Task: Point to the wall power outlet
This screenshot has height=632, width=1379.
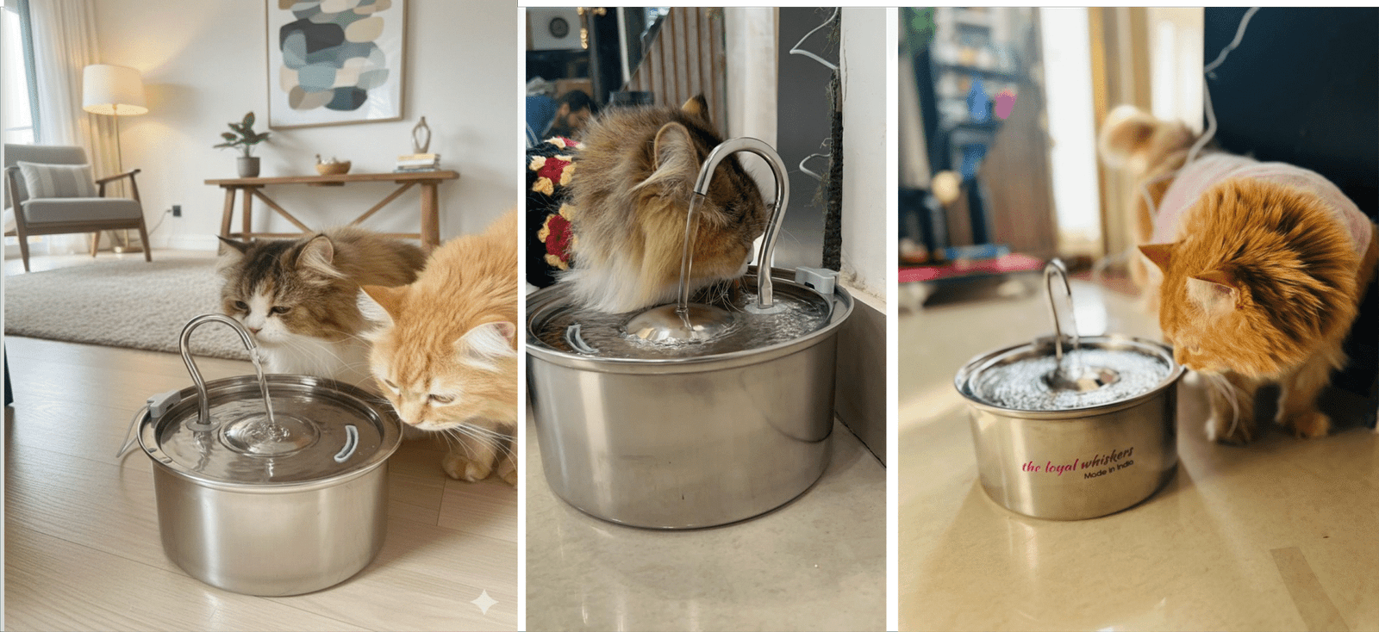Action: click(178, 211)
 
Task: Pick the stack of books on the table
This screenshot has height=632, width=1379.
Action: click(417, 163)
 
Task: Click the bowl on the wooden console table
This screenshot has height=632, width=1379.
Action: click(333, 166)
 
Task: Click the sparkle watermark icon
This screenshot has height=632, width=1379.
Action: click(484, 602)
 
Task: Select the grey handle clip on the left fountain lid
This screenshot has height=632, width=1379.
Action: click(346, 444)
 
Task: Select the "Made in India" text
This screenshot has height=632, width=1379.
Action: click(1108, 470)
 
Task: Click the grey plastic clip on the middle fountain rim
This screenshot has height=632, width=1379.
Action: click(816, 279)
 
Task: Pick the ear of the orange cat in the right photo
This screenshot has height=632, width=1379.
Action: click(1156, 254)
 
